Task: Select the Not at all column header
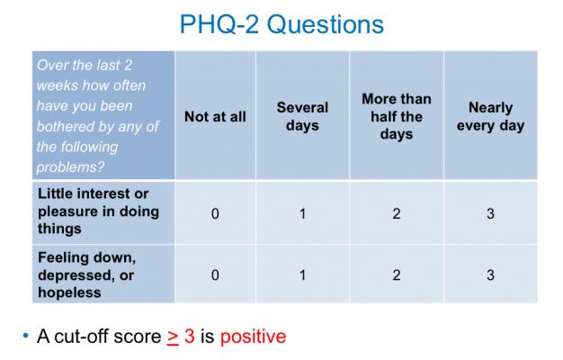click(215, 116)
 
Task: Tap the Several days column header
click(302, 116)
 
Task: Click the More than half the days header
click(396, 116)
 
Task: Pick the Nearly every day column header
click(490, 116)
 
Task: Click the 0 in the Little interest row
click(215, 212)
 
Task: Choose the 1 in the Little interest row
click(302, 212)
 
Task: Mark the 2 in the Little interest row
click(397, 212)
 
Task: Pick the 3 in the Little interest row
click(490, 212)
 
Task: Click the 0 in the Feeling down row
click(215, 274)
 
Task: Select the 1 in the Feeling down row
click(302, 274)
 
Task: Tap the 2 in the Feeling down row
click(397, 274)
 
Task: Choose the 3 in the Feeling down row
click(490, 274)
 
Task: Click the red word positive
click(253, 337)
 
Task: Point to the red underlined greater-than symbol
click(173, 337)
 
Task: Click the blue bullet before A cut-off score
click(25, 337)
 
